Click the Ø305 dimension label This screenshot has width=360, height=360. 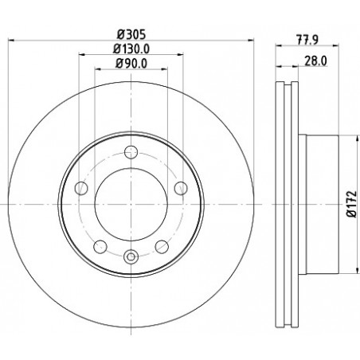pos(131,34)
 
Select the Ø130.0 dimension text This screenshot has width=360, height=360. pos(131,49)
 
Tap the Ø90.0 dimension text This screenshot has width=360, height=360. pos(131,64)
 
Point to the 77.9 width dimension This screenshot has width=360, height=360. pos(307,40)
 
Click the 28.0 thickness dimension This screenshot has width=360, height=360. pos(315,61)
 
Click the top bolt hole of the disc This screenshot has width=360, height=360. pos(131,152)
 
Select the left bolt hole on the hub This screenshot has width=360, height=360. pos(81,188)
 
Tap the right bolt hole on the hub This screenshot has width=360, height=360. pos(181,188)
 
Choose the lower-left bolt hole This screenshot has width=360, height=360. pos(100,247)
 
